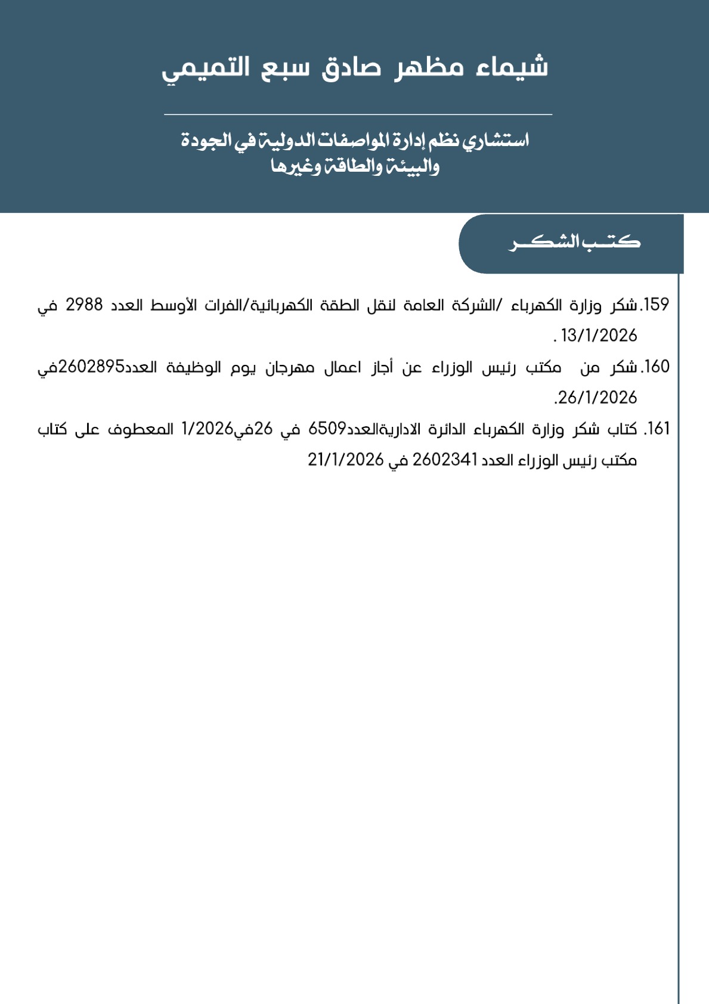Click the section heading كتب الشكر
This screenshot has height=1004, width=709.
(574, 243)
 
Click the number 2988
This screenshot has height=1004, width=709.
(84, 305)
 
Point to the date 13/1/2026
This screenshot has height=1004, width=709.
(599, 336)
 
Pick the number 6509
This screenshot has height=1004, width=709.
(327, 429)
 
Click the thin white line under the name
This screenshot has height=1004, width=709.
(358, 114)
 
